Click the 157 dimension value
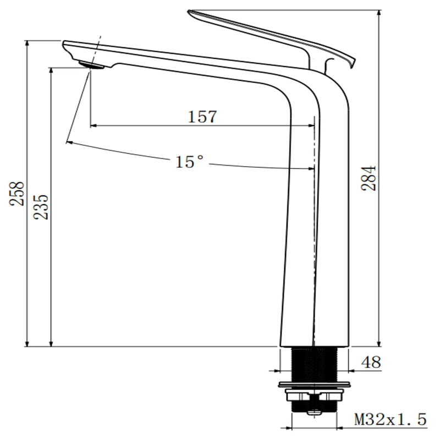click(202, 117)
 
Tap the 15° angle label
click(190, 162)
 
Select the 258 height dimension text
click(16, 194)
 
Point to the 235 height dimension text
click(41, 207)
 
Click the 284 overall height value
click(369, 178)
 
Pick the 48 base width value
click(371, 362)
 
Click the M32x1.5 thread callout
click(391, 420)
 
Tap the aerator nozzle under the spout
click(91, 65)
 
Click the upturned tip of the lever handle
click(353, 64)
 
